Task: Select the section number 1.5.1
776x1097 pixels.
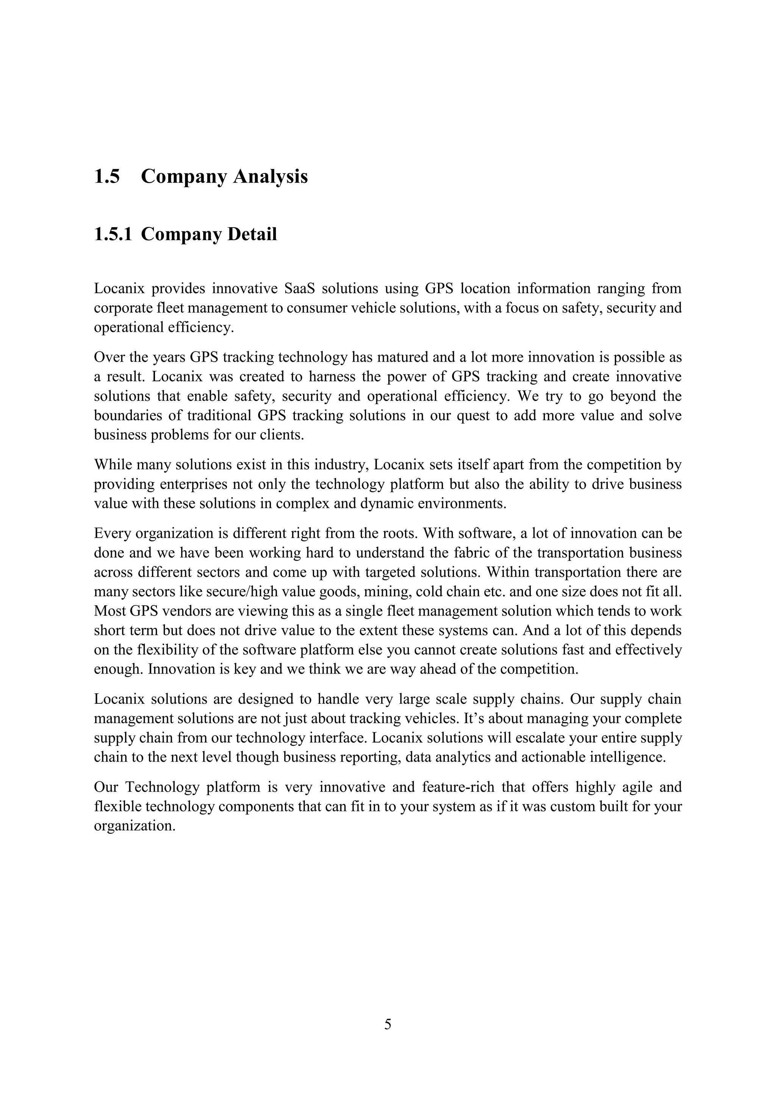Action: click(113, 234)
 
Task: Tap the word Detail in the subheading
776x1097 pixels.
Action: click(252, 234)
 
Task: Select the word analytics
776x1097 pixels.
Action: click(463, 758)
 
